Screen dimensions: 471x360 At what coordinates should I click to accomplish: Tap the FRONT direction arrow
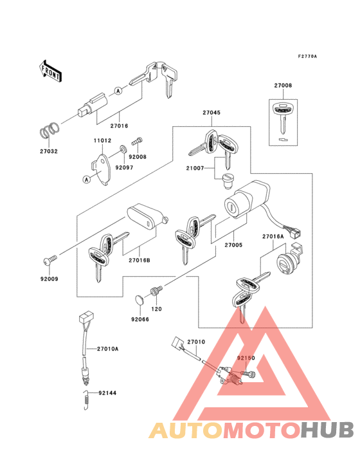point(51,70)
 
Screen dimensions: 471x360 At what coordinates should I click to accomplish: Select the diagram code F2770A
point(307,57)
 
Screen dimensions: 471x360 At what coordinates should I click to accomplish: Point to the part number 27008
point(283,85)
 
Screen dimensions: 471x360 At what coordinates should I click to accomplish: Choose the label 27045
point(212,113)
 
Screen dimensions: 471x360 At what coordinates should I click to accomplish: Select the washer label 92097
point(123,167)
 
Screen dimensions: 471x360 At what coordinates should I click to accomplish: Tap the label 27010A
point(108,349)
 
